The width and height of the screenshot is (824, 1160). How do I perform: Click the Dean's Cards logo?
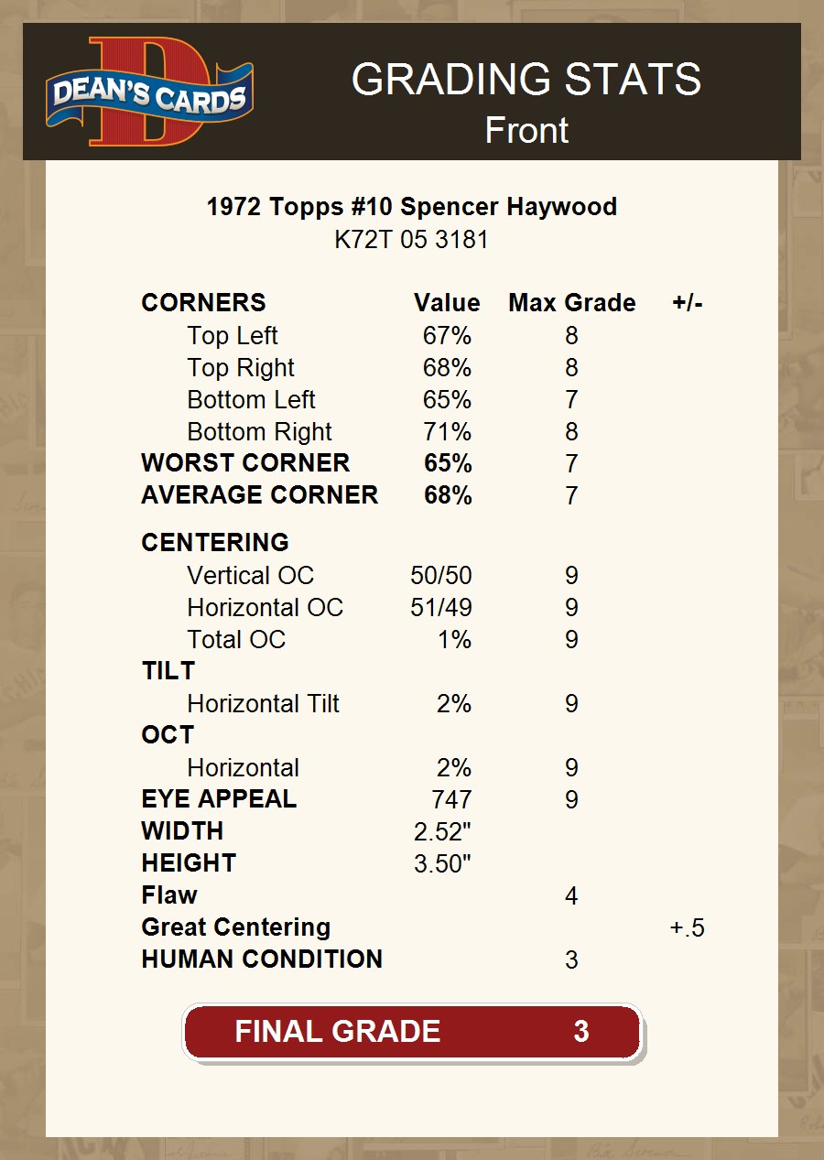(149, 92)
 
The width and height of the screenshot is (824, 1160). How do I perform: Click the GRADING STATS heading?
(526, 80)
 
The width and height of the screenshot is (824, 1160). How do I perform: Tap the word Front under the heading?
(526, 130)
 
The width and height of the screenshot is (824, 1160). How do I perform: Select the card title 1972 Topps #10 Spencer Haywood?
(412, 207)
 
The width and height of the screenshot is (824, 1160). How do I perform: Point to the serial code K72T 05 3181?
(412, 240)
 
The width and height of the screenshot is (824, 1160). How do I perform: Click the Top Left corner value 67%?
(447, 336)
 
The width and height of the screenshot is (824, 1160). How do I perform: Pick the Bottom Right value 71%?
(447, 432)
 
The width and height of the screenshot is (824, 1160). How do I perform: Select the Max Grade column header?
(571, 303)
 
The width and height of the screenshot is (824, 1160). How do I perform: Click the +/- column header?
(687, 303)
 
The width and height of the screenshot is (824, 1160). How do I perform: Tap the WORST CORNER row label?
(245, 463)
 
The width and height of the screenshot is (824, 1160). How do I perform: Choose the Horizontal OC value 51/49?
(440, 608)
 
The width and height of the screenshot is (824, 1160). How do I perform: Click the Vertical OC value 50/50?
(441, 576)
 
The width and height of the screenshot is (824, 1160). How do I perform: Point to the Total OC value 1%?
(454, 640)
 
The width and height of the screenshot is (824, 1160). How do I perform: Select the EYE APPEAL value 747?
(451, 800)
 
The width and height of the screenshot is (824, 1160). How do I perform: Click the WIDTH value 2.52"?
(442, 832)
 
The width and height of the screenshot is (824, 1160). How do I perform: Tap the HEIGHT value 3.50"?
(442, 864)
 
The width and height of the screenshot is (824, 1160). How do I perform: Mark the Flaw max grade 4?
(571, 896)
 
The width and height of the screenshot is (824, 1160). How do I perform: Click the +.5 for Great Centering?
(687, 928)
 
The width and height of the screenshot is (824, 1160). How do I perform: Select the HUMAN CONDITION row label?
(262, 959)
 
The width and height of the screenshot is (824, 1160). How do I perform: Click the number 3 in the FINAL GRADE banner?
(580, 1032)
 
